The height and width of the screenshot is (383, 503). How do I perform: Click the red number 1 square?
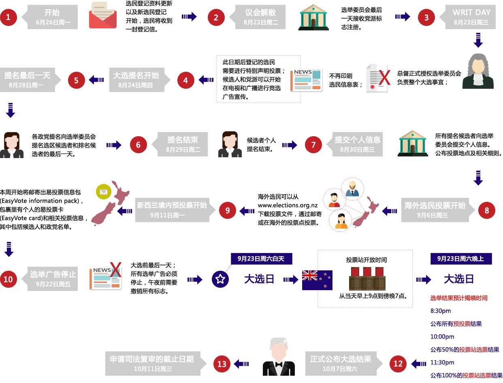point(9,17)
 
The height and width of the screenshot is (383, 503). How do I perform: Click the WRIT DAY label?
point(471,17)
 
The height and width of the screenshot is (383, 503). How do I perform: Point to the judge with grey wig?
point(478,71)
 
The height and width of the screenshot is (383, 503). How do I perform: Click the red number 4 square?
point(185,80)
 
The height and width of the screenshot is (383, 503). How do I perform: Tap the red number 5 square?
point(76,80)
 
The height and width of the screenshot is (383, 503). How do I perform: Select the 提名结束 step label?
point(182,144)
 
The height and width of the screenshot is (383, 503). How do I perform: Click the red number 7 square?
point(313,145)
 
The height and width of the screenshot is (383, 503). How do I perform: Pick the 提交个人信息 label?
point(357,144)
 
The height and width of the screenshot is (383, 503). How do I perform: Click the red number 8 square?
point(486,210)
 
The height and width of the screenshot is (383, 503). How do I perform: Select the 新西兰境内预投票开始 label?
point(172,210)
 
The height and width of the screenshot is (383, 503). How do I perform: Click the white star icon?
point(220,279)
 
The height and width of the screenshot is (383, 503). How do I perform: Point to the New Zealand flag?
point(317,280)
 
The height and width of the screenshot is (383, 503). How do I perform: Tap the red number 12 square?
point(398,364)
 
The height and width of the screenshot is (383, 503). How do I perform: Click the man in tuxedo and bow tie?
point(279,357)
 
